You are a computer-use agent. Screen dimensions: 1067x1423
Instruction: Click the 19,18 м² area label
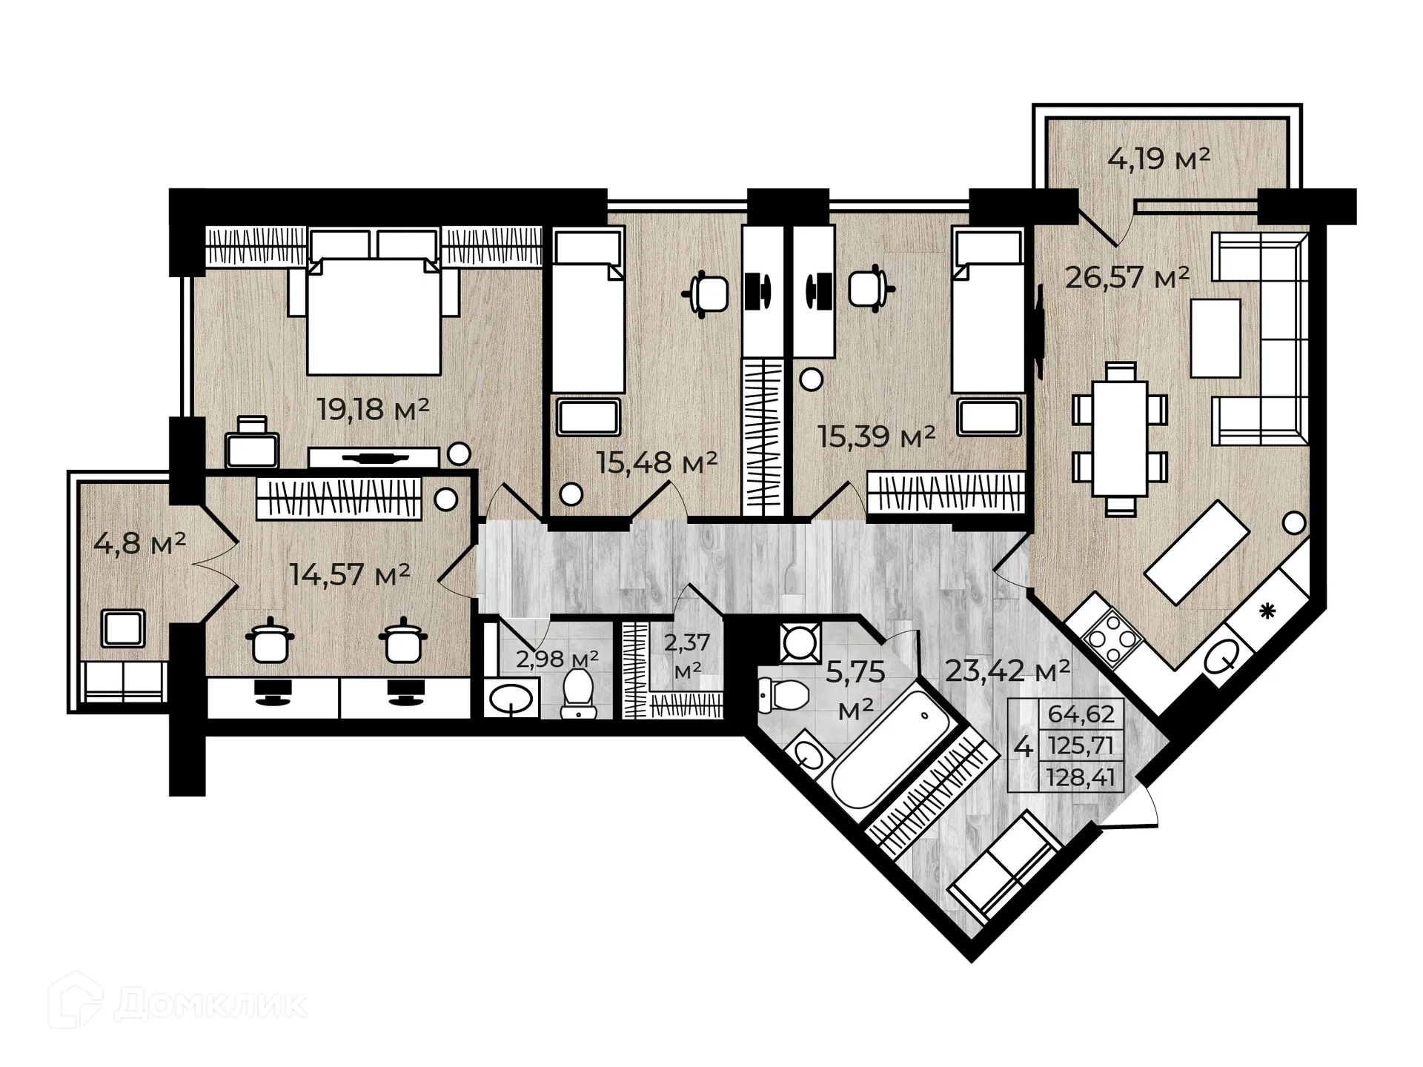373,409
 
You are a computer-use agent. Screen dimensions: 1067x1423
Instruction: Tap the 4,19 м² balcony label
1158,158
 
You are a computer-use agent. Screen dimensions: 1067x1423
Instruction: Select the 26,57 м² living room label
1127,278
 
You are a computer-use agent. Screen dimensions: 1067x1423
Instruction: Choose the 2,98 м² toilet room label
557,658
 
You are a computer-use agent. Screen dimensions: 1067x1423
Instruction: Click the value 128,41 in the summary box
1081,778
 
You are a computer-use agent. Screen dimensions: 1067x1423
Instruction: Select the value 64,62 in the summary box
1081,714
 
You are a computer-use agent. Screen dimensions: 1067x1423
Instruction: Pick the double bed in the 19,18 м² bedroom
374,315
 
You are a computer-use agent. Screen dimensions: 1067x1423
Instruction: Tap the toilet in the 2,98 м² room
578,694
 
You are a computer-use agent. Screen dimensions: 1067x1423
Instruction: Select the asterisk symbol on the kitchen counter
1267,611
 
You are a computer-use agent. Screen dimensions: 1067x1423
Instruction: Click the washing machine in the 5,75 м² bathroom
800,642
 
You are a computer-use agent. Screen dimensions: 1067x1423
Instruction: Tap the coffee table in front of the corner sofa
1215,338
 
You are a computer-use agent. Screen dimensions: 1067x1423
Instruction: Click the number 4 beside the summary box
1023,746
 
